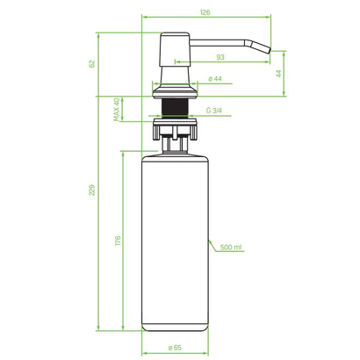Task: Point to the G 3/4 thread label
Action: [x=213, y=111]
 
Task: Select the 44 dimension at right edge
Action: [x=278, y=74]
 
